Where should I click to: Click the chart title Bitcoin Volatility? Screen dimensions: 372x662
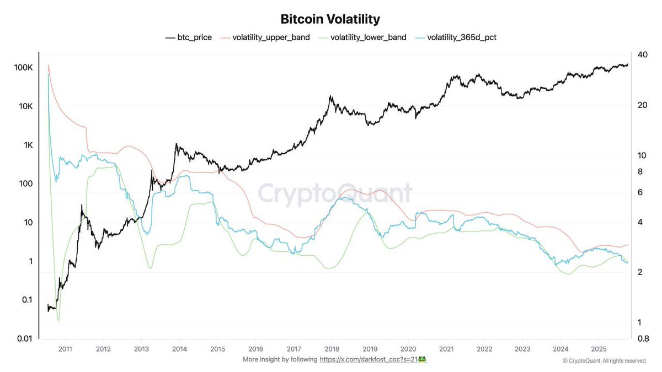click(330, 19)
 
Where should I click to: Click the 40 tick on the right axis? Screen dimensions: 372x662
click(642, 55)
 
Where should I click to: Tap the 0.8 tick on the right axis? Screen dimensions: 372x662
click(643, 338)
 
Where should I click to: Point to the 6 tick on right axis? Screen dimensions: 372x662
click(640, 192)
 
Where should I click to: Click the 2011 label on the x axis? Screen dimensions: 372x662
click(65, 349)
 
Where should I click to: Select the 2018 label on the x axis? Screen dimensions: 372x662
click(332, 349)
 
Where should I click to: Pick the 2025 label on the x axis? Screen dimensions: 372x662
click(599, 349)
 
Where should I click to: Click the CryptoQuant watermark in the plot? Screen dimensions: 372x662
click(335, 194)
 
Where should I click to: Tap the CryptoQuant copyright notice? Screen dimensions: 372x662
click(604, 361)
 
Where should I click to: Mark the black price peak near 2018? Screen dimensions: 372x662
click(330, 96)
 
